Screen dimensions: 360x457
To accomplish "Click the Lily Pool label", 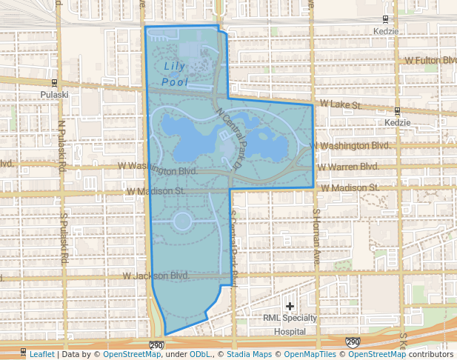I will pos(176,73).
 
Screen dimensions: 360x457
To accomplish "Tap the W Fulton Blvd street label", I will pos(430,60).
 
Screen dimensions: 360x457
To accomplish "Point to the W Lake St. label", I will pos(340,105).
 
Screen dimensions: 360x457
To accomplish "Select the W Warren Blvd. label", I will pos(347,166).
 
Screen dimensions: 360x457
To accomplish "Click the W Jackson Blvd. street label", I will pos(157,276).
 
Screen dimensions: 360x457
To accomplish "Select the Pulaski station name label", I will pos(55,95).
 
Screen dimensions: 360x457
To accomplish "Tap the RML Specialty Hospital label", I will pos(290,324).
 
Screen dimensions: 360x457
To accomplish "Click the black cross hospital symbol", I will pos(290,306).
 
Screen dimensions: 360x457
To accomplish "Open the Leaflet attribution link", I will pos(41,354).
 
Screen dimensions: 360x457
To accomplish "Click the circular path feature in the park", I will pos(181,221).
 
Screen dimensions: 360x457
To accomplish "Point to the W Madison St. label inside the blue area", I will pos(155,191).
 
